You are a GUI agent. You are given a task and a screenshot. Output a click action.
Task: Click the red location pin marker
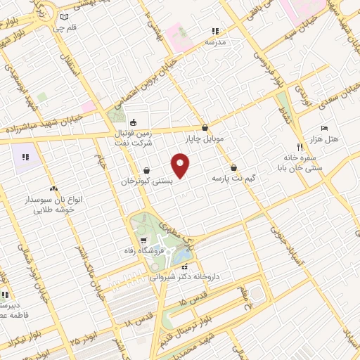pyautogui.click(x=181, y=166)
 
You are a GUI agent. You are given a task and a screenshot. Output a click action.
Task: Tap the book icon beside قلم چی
pyautogui.click(x=65, y=17)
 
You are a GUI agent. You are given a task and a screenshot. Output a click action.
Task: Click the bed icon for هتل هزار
pyautogui.click(x=323, y=128)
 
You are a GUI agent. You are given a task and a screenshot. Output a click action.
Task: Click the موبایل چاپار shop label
pyautogui.click(x=205, y=139)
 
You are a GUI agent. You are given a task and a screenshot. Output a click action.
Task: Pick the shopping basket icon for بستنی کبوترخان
pyautogui.click(x=146, y=169)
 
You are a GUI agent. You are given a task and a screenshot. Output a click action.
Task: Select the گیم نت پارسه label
pyautogui.click(x=233, y=179)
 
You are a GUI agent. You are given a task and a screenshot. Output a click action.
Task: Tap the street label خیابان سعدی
pyautogui.click(x=331, y=98)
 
